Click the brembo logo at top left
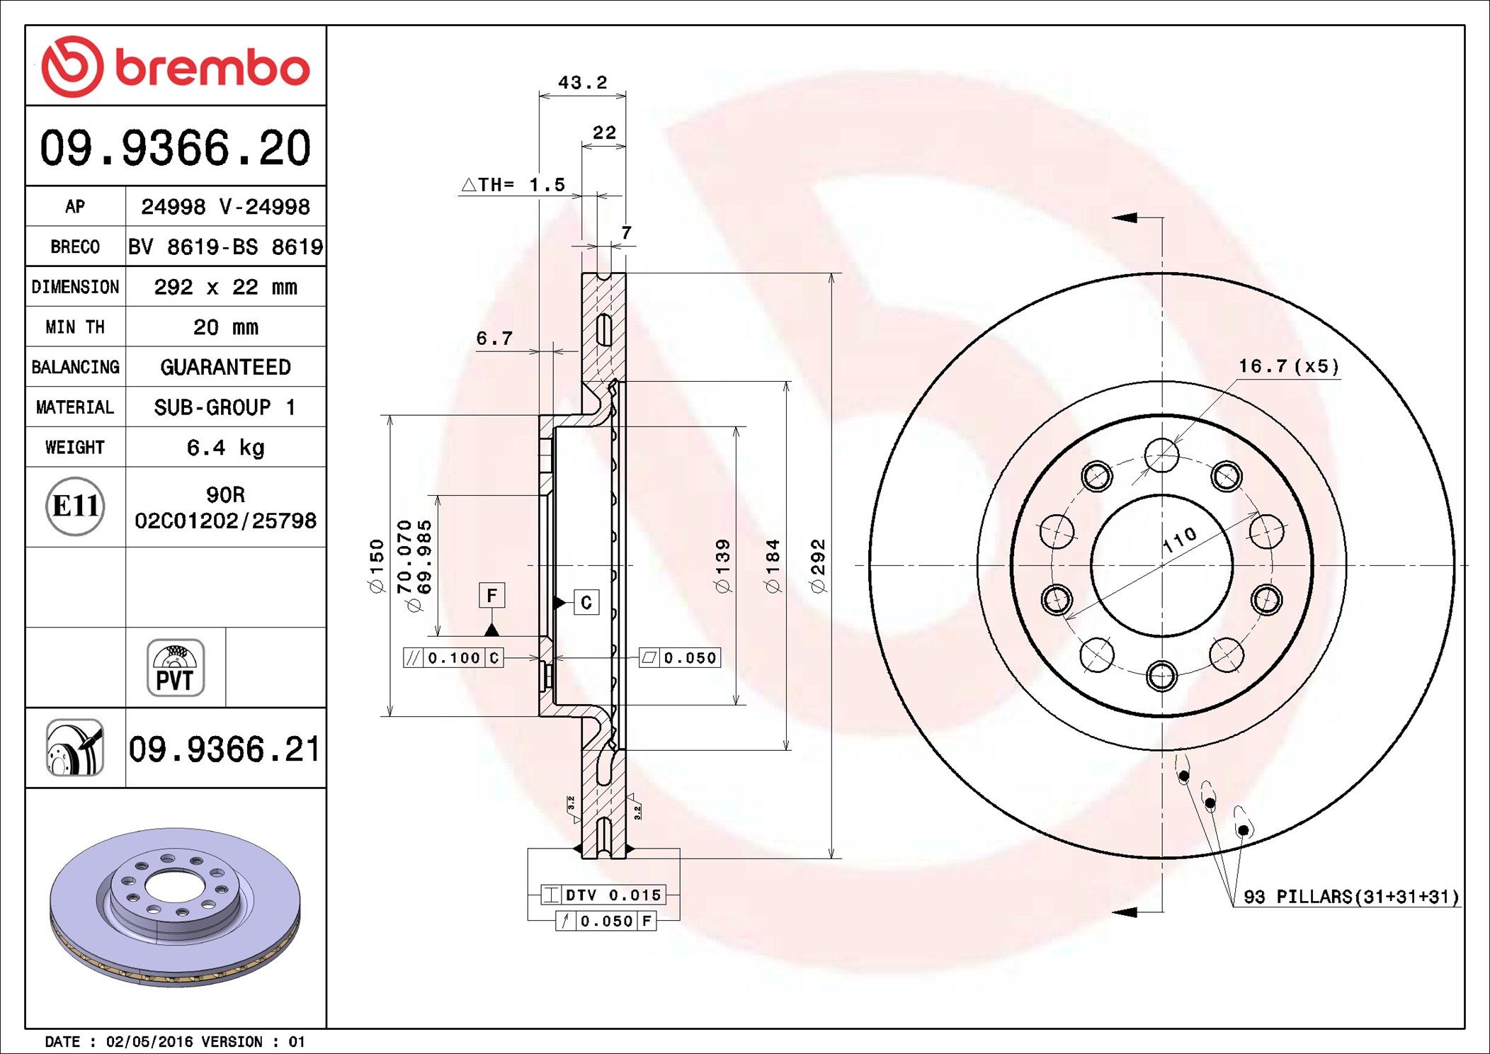(175, 67)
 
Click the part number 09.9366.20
(175, 147)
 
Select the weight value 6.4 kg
(225, 447)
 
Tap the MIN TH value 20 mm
(225, 327)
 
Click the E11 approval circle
(75, 506)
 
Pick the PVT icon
(175, 667)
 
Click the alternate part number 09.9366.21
(224, 749)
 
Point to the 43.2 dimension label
(582, 83)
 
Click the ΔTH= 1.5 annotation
(513, 185)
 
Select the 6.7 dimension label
(494, 339)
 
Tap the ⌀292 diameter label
(818, 565)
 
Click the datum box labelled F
(491, 595)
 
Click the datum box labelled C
(586, 602)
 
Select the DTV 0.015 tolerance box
(603, 895)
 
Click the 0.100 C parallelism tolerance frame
(453, 657)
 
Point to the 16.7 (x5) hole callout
(1288, 366)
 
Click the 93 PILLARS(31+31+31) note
(1351, 896)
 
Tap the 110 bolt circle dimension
(1180, 540)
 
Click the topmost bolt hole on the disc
(1161, 455)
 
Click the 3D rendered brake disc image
(175, 907)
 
